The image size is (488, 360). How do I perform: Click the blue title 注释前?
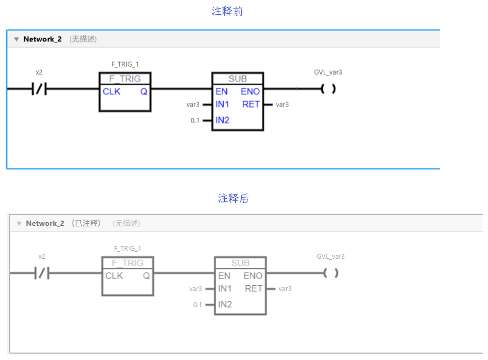tap(227, 11)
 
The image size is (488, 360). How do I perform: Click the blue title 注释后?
tap(233, 198)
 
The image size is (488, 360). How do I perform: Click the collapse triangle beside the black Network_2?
tap(16, 39)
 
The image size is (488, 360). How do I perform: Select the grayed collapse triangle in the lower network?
tap(19, 224)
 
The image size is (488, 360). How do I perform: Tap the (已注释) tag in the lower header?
tap(86, 223)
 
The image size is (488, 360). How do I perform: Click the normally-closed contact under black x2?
tap(39, 89)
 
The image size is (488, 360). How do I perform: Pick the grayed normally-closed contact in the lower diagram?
tap(42, 274)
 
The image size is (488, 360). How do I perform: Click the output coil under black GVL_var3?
tap(329, 89)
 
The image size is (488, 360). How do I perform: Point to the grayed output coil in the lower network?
tap(331, 274)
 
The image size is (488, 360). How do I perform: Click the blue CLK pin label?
tap(111, 92)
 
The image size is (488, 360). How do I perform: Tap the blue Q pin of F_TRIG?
tap(144, 92)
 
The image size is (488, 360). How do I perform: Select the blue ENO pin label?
tap(250, 92)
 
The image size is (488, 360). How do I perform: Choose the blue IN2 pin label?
tap(222, 120)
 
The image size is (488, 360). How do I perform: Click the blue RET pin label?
tap(251, 104)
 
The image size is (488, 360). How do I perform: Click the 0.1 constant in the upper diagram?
tap(195, 120)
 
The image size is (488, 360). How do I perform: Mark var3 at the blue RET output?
tap(282, 104)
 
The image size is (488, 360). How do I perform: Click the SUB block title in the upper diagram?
tap(238, 79)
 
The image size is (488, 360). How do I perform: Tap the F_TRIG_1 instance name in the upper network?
tap(125, 65)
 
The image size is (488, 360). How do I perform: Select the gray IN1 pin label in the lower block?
tap(225, 288)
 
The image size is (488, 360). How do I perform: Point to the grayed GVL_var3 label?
tap(331, 257)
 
